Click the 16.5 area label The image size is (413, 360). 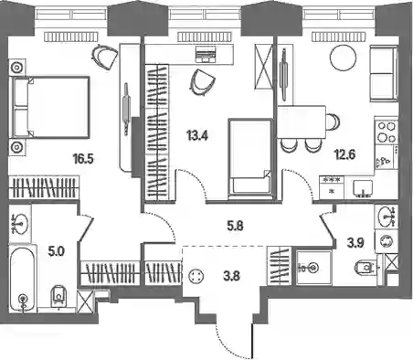tap(83, 158)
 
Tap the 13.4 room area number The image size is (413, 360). tap(197, 135)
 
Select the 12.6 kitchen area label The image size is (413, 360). tap(344, 154)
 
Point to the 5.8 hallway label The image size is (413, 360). tap(236, 227)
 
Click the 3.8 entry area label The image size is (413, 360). tap(231, 277)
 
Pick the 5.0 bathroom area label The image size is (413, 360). tap(57, 252)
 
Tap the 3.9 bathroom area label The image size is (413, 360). tap(356, 243)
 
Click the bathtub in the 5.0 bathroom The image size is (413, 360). tap(22, 279)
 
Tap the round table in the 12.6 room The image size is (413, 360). tap(344, 58)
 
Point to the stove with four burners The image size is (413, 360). tap(387, 132)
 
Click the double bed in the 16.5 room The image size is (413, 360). tap(50, 107)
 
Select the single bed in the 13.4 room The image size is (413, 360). tap(250, 156)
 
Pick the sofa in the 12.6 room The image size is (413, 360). tap(384, 73)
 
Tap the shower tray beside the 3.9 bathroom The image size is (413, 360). tap(313, 268)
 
